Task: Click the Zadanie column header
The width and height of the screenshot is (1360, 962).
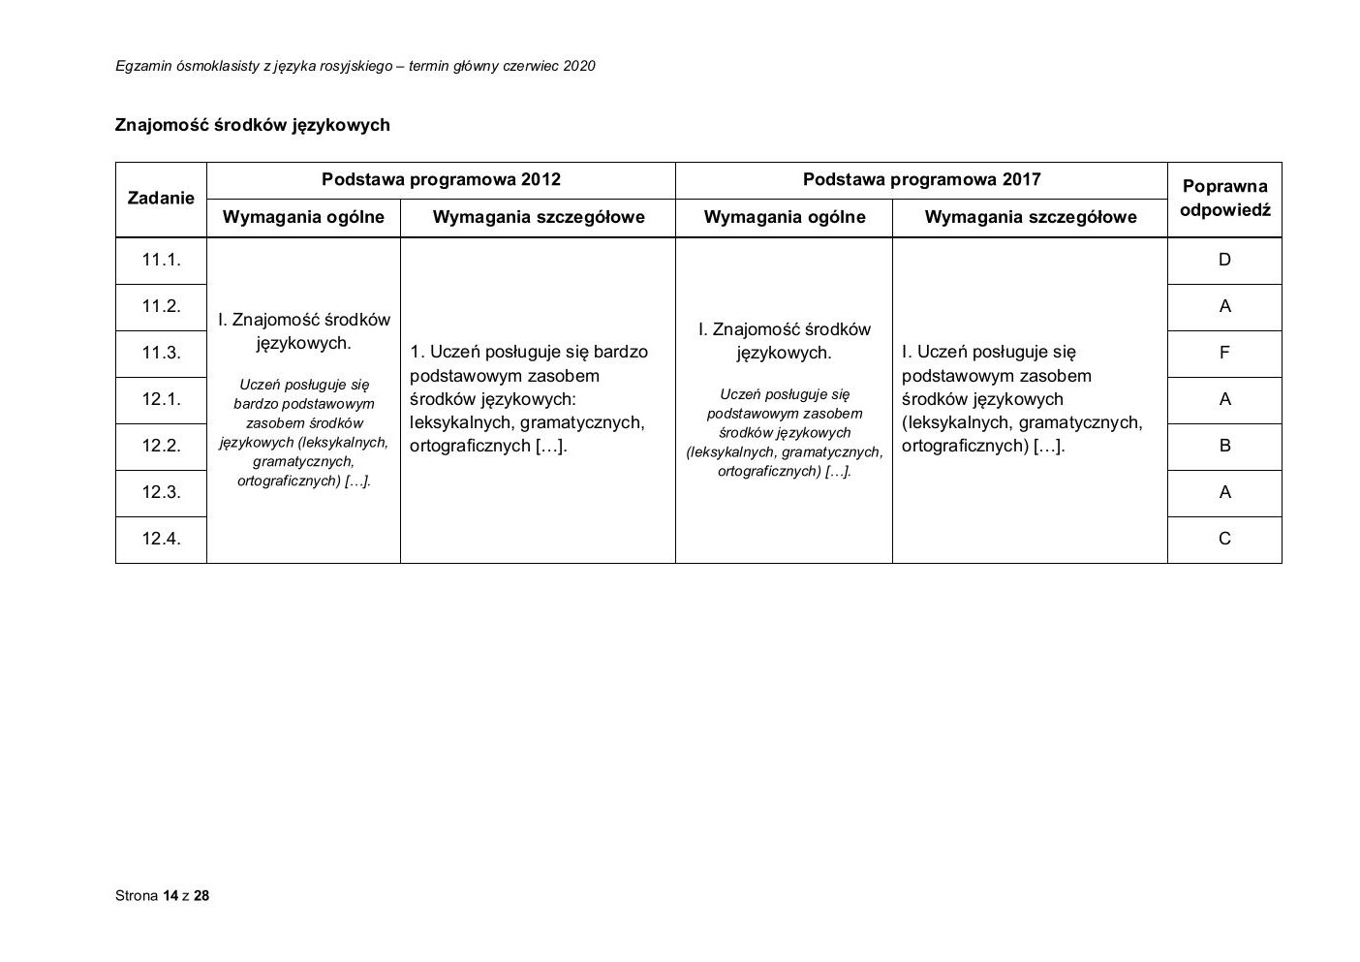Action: [x=161, y=199]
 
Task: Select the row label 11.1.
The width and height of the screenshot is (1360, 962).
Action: [x=161, y=260]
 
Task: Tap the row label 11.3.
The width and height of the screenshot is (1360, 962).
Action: [x=161, y=353]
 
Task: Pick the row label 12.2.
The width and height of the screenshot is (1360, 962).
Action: [x=161, y=446]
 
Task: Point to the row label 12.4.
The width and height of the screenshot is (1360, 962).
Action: [x=161, y=539]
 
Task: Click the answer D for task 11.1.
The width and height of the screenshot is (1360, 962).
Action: [x=1224, y=260]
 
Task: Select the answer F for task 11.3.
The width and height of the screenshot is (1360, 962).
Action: [x=1224, y=353]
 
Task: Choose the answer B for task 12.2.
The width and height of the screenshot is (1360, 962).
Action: [x=1224, y=446]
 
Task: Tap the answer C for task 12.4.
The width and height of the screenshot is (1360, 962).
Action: [x=1224, y=539]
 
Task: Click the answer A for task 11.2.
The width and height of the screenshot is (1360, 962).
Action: [x=1224, y=306]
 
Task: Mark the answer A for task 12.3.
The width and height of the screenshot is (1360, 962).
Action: [x=1224, y=492]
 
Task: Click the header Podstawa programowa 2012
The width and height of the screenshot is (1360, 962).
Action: [x=441, y=179]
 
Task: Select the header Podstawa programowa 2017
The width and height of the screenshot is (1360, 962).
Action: [x=921, y=179]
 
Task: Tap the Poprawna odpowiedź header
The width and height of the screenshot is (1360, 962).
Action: [x=1224, y=198]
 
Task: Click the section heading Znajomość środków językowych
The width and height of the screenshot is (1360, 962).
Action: [x=252, y=125]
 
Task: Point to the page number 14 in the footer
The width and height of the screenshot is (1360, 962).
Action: [x=170, y=895]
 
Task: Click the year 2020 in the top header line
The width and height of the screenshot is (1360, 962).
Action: [x=578, y=66]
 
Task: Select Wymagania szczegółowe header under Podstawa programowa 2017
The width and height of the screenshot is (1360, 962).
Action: [x=1030, y=217]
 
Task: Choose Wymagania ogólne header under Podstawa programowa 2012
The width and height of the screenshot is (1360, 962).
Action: [x=303, y=217]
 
